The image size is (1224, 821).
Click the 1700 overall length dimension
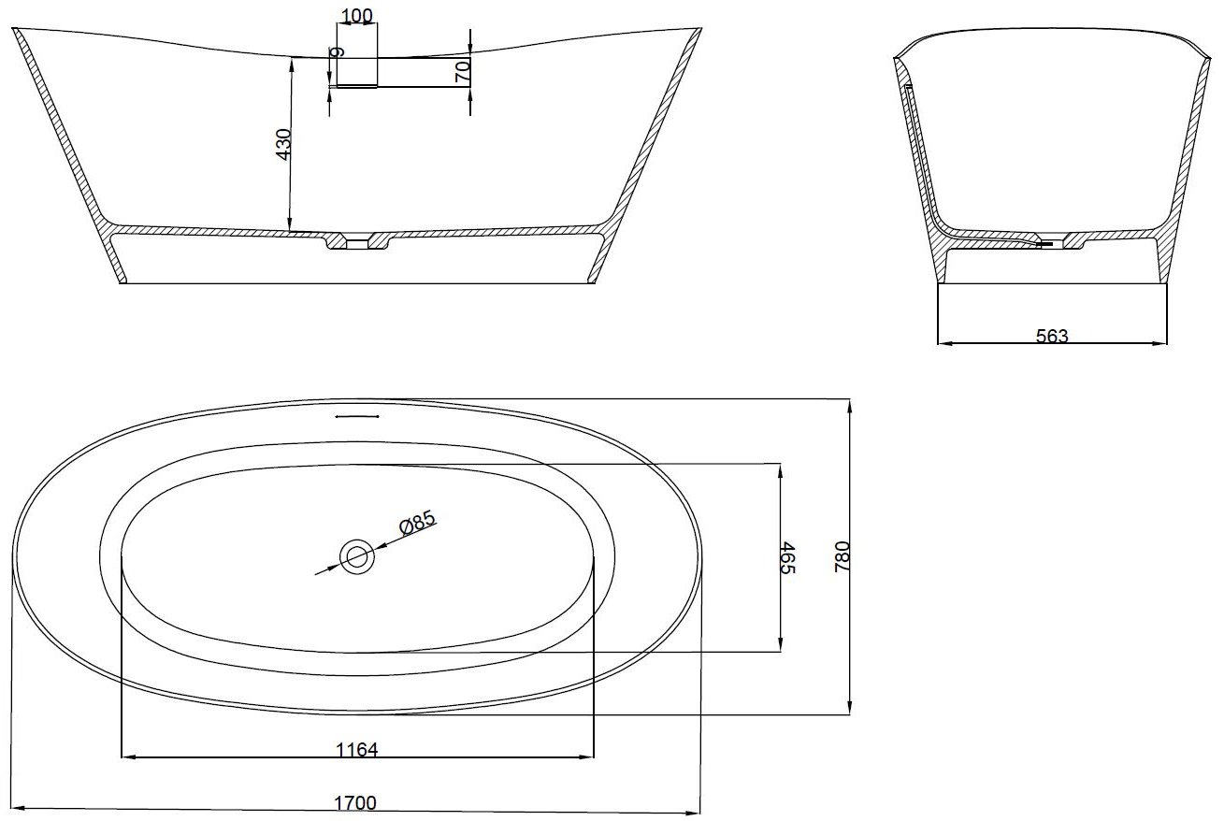tap(355, 803)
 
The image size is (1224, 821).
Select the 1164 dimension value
tap(356, 749)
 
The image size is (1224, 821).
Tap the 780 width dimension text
tap(842, 557)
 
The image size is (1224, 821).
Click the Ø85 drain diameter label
tap(418, 522)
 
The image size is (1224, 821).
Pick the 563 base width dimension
tap(1052, 336)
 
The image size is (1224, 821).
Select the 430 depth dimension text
tap(284, 144)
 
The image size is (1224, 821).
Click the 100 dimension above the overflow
tap(357, 16)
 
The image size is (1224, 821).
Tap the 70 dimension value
tap(462, 72)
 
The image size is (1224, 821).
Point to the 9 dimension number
tap(338, 52)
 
